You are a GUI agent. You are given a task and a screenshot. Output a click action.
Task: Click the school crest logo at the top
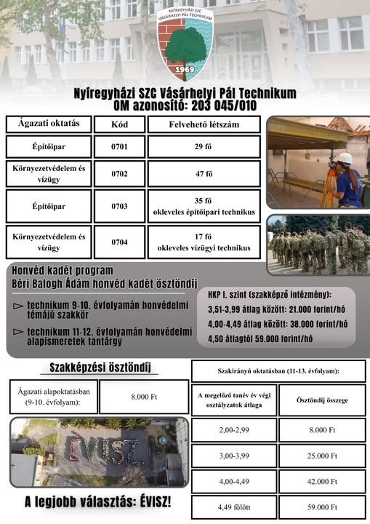pyautogui.click(x=185, y=43)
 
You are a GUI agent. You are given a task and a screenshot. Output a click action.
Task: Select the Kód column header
pyautogui.click(x=119, y=124)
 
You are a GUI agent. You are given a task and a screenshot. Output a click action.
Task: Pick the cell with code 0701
pyautogui.click(x=119, y=147)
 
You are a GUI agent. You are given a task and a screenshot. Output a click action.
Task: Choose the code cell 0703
pyautogui.click(x=119, y=206)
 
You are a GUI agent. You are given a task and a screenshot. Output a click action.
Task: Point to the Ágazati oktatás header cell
pyautogui.click(x=49, y=124)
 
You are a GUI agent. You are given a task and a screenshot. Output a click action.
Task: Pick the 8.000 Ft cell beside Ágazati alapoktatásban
pyautogui.click(x=143, y=397)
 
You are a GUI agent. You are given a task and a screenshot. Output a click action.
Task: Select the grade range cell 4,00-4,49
pyautogui.click(x=233, y=481)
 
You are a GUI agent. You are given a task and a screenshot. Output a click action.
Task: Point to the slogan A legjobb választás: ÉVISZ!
pyautogui.click(x=97, y=501)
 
